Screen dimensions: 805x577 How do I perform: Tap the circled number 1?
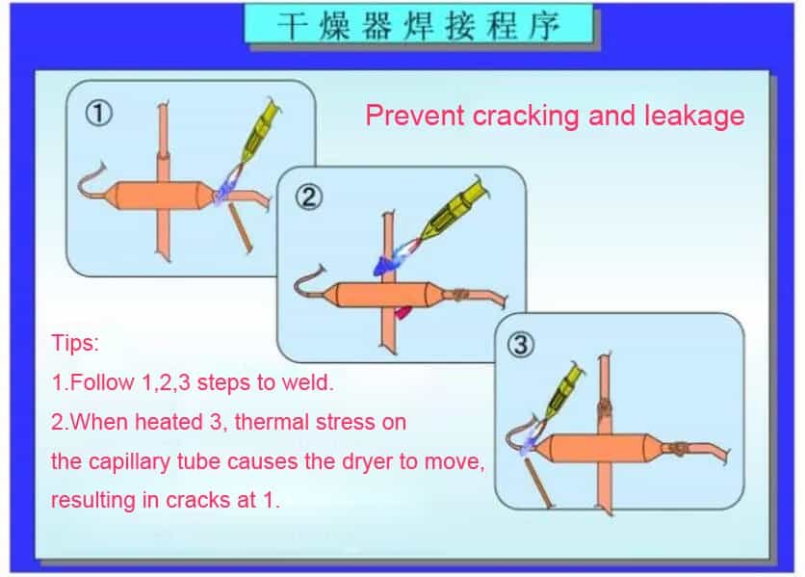click(98, 113)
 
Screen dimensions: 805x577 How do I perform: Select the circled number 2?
click(309, 197)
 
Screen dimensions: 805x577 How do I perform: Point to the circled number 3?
click(521, 344)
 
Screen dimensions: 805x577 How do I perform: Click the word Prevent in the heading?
click(414, 115)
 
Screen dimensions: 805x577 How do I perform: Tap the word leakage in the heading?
click(693, 116)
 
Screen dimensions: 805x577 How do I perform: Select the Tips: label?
click(75, 343)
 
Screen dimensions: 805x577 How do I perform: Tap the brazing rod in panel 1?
click(241, 227)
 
